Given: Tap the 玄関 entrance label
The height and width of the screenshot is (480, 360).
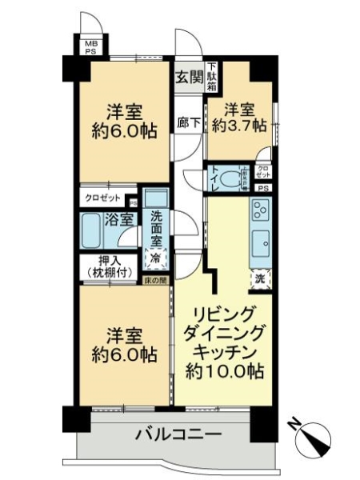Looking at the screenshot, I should (x=189, y=77).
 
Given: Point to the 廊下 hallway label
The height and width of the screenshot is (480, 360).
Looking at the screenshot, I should (x=187, y=126).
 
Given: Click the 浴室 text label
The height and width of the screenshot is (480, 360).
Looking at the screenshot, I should (x=121, y=218).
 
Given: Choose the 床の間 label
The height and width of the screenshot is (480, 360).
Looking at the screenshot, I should (x=156, y=280).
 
